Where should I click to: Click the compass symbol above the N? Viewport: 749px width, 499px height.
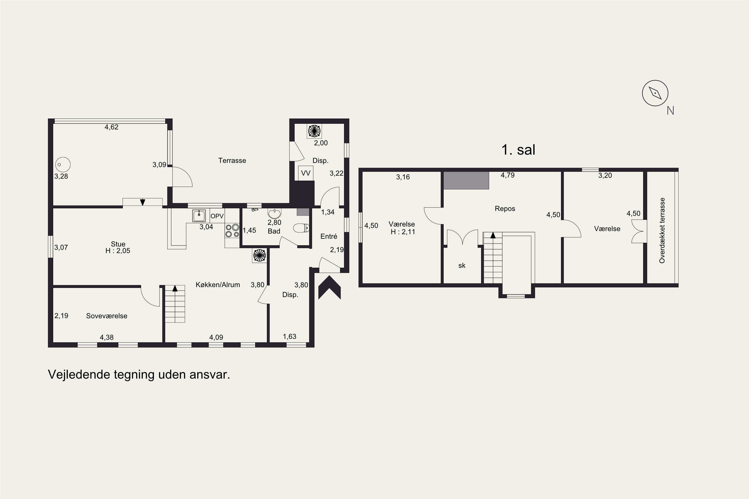click(655, 93)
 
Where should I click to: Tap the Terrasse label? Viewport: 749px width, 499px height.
click(232, 160)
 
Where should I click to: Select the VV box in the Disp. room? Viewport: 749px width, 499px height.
click(306, 173)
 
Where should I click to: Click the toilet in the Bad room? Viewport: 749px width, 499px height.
click(301, 228)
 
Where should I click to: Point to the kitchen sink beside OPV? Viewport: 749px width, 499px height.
click(199, 216)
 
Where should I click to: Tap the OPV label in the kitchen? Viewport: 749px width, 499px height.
click(217, 216)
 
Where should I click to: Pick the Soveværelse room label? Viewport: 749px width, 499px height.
click(107, 316)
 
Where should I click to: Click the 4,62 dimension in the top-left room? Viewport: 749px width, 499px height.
click(111, 127)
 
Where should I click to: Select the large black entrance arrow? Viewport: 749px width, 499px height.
click(330, 287)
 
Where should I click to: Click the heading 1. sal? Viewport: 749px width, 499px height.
click(518, 149)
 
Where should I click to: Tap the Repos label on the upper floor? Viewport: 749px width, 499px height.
click(505, 208)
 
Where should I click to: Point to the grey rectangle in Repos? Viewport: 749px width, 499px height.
click(466, 180)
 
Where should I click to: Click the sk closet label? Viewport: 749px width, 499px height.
click(462, 265)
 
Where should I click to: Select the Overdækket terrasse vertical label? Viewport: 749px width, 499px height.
click(662, 230)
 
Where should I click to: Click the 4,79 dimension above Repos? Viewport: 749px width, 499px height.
click(508, 175)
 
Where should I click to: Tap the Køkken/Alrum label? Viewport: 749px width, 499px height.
click(218, 284)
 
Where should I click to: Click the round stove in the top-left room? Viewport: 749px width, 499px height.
click(63, 164)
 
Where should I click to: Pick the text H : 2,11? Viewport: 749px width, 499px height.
click(403, 232)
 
